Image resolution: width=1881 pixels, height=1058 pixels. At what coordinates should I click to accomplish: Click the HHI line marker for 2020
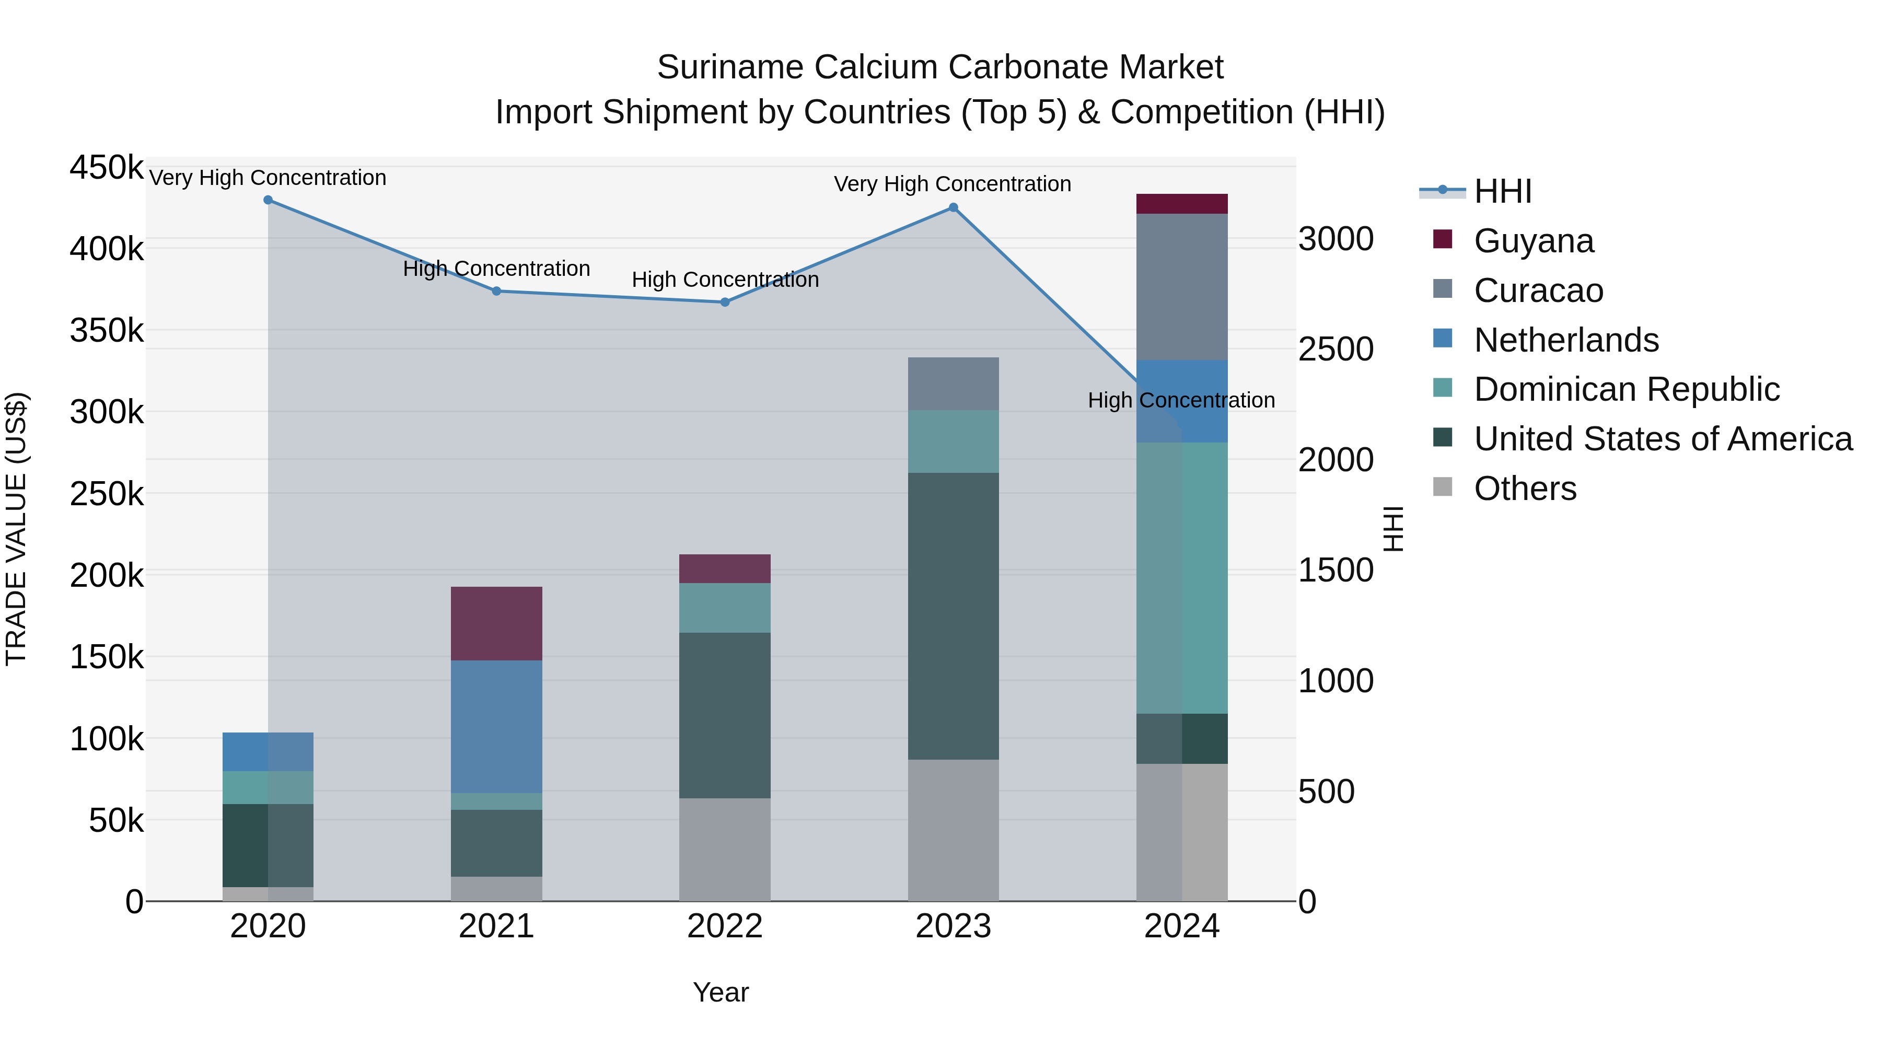pos(268,200)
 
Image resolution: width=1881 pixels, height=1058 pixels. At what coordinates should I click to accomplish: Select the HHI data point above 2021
pos(496,292)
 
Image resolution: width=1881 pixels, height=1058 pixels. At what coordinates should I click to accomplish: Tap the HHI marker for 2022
pos(725,303)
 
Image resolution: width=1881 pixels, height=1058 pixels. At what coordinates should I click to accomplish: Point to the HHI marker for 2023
pos(953,208)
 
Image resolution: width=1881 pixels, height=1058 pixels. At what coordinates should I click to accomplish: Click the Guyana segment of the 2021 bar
pos(496,623)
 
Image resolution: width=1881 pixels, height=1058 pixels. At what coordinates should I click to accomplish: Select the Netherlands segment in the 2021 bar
pos(496,727)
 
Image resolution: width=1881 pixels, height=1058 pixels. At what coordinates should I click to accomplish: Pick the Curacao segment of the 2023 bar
pos(953,384)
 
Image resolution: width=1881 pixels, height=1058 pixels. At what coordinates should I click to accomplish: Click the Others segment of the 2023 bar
pos(953,830)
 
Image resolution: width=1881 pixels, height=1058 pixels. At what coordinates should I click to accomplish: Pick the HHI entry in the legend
pos(1502,191)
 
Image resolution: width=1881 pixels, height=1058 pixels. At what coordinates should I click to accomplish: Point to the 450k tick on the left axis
pos(107,167)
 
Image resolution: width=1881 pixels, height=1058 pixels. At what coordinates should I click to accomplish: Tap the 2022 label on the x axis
pos(725,926)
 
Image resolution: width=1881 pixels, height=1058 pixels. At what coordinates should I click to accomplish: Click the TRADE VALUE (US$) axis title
pos(17,529)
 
